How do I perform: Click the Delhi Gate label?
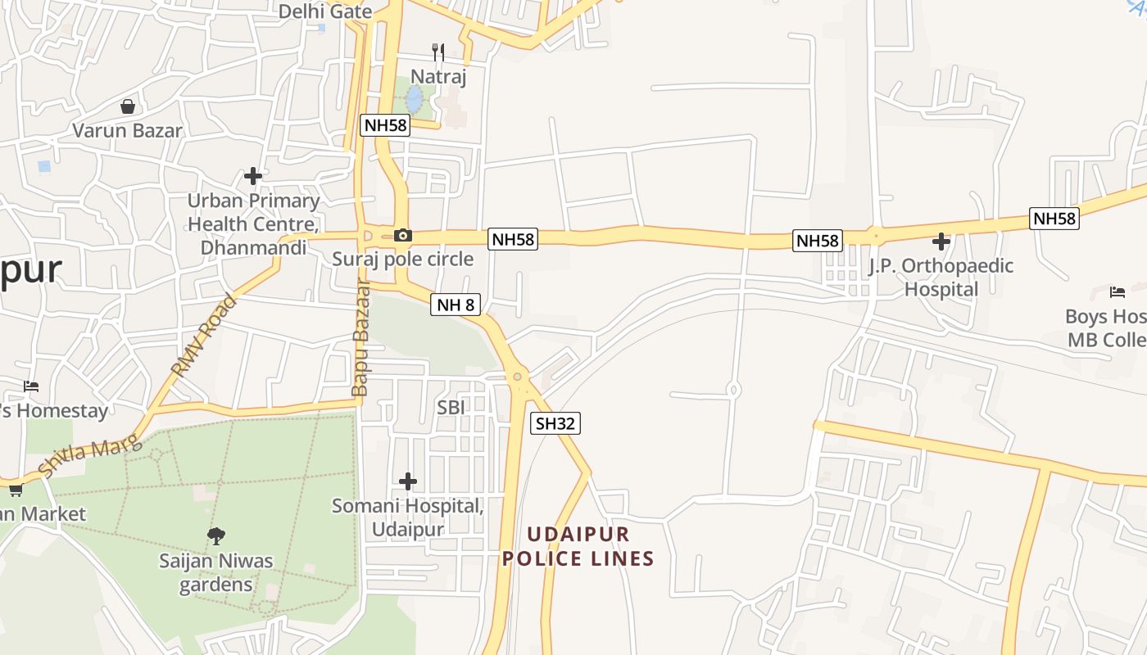click(x=325, y=11)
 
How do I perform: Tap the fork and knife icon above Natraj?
click(x=438, y=52)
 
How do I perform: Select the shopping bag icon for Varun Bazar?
click(x=128, y=106)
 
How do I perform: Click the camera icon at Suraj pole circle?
click(x=402, y=236)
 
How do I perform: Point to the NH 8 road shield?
click(x=455, y=305)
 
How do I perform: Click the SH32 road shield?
click(x=556, y=423)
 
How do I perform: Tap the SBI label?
click(x=451, y=406)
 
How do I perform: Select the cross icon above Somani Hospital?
click(x=407, y=481)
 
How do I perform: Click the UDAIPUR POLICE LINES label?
click(x=578, y=547)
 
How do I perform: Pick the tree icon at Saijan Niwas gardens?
click(x=216, y=536)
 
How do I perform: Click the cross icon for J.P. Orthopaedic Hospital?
click(x=941, y=242)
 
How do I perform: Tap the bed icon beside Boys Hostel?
click(x=1117, y=292)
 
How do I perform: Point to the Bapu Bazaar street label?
click(x=360, y=340)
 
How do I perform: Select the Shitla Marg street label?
click(x=90, y=458)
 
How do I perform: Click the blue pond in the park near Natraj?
click(x=415, y=100)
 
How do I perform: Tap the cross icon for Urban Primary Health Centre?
click(x=253, y=176)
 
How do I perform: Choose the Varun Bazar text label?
click(x=127, y=130)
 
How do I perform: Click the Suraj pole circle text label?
click(x=402, y=260)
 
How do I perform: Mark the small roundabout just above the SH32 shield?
click(x=517, y=377)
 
